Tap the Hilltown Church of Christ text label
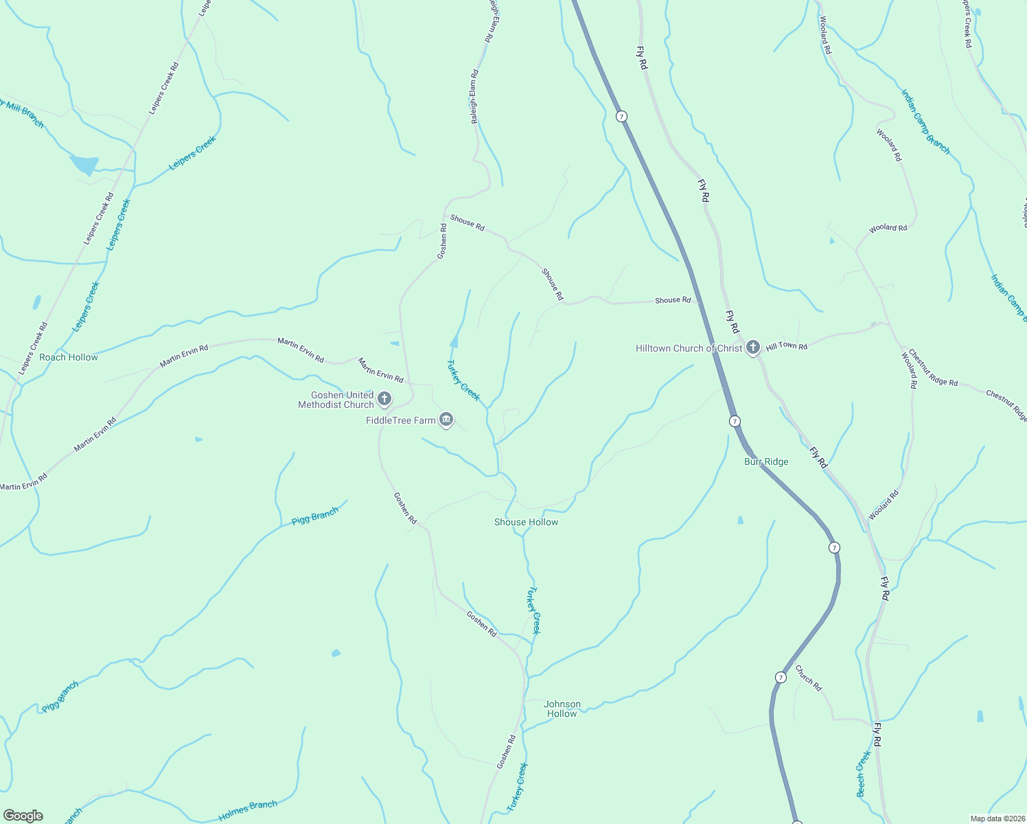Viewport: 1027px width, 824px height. [689, 349]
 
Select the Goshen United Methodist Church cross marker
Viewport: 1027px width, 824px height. [384, 398]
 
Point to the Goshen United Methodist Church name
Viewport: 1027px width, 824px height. [336, 400]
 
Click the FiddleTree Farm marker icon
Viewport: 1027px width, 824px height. [446, 419]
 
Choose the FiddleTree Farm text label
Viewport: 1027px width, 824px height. [401, 420]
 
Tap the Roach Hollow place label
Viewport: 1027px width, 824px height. [69, 357]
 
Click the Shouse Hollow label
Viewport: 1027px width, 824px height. [526, 522]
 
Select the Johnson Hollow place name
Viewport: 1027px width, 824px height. [562, 709]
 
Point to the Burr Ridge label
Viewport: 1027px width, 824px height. [766, 461]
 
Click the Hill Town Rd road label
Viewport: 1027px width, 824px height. [787, 346]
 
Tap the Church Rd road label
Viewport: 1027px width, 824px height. [808, 677]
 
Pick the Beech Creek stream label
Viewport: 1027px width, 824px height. [864, 774]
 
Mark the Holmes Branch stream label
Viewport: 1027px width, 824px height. [247, 810]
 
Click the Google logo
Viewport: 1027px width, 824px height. [23, 816]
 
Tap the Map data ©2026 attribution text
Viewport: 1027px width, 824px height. [997, 819]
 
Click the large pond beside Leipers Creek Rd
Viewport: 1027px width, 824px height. [84, 165]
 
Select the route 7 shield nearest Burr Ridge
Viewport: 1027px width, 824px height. [735, 421]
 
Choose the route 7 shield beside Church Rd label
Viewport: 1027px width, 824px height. [781, 677]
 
